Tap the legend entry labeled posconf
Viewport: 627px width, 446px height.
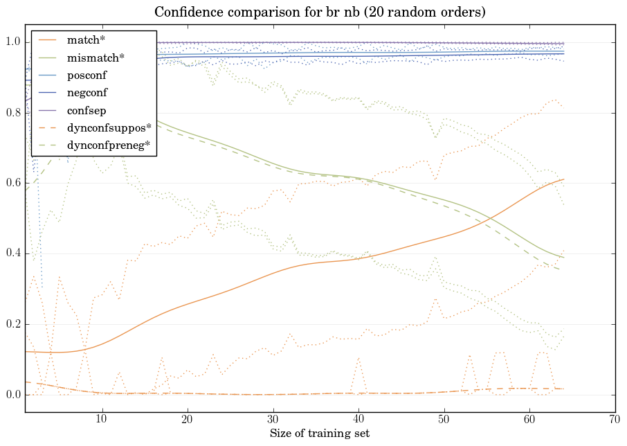pyautogui.click(x=87, y=75)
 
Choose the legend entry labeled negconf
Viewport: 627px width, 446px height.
pyautogui.click(x=87, y=92)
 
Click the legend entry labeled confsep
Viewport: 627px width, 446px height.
pyautogui.click(x=86, y=109)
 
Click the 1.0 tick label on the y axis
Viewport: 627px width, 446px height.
pyautogui.click(x=13, y=42)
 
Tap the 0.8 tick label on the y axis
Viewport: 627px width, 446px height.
pyautogui.click(x=13, y=113)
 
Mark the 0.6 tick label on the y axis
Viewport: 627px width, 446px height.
pyautogui.click(x=13, y=184)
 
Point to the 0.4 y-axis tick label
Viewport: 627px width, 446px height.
pyautogui.click(x=13, y=254)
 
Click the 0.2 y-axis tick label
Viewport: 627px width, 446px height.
pyautogui.click(x=13, y=325)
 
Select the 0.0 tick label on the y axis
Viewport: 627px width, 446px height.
pyautogui.click(x=13, y=395)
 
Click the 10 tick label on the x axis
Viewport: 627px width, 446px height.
pyautogui.click(x=102, y=419)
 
